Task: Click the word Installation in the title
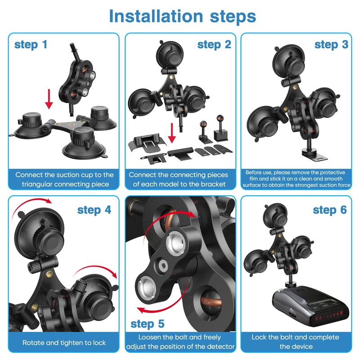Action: click(156, 16)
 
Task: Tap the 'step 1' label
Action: click(31, 45)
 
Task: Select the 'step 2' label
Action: click(214, 45)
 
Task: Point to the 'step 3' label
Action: click(331, 45)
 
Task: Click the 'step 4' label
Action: click(94, 210)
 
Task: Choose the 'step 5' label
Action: click(148, 324)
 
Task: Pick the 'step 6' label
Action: click(330, 210)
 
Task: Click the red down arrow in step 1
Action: click(49, 99)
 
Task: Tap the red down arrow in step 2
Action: click(172, 133)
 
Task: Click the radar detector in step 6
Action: click(310, 306)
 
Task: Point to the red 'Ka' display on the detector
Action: click(319, 318)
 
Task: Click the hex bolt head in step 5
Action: click(163, 266)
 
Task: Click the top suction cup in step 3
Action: click(289, 61)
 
